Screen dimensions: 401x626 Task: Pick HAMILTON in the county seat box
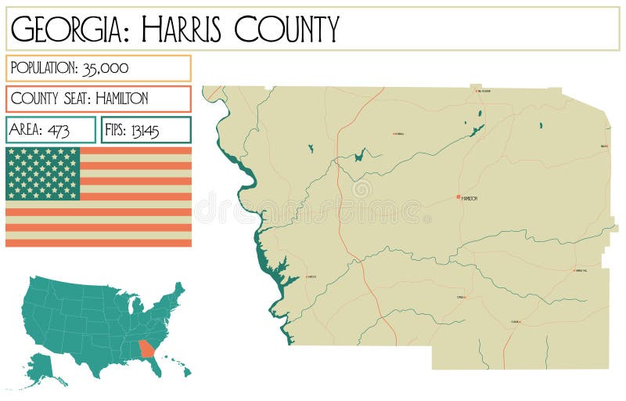(x=114, y=99)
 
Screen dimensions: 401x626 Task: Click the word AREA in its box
(x=27, y=130)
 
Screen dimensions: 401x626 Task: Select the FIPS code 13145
(x=146, y=130)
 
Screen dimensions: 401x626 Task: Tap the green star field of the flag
(x=43, y=173)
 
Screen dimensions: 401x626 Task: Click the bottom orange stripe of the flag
(x=99, y=242)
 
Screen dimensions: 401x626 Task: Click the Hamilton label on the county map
(x=469, y=198)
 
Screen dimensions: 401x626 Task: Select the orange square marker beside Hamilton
(x=459, y=197)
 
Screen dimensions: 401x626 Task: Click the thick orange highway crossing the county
(x=340, y=196)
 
